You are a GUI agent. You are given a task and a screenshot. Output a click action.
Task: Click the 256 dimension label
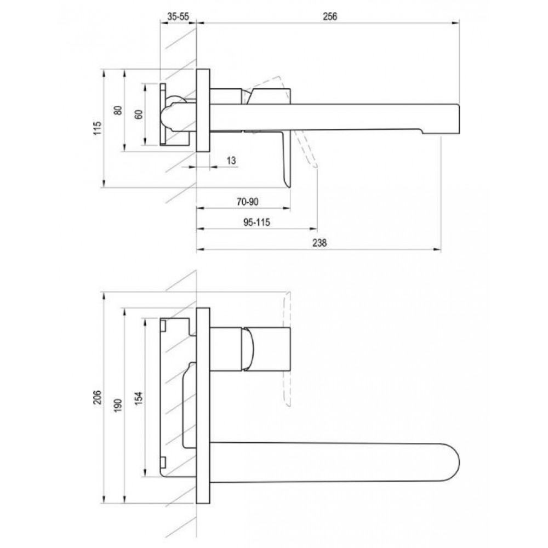[x=329, y=16]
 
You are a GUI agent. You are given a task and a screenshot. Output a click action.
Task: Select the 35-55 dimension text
[x=178, y=16]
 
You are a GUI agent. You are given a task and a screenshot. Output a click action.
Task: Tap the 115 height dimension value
[x=97, y=128]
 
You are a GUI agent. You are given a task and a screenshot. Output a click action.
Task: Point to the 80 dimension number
[x=118, y=110]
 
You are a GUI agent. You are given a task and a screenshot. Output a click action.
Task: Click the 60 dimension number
[x=139, y=115]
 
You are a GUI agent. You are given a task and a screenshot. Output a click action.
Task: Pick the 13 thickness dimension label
[x=231, y=161]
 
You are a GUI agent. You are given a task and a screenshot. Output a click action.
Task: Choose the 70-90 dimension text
[x=248, y=202]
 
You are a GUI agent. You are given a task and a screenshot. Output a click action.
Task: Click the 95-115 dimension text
[x=256, y=222]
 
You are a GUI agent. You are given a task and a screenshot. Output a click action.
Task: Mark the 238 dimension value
[x=319, y=243]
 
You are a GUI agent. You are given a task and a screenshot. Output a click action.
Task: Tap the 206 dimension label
[x=97, y=397]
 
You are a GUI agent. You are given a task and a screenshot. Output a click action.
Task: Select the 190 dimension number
[x=118, y=406]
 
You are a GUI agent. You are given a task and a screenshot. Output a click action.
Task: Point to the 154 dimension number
[x=139, y=398]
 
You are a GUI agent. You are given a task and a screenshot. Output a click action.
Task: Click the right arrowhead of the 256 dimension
[x=456, y=23]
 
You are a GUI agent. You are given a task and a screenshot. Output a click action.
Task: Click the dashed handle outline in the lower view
[x=287, y=350]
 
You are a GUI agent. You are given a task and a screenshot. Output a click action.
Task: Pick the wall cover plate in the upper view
[x=203, y=110]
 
